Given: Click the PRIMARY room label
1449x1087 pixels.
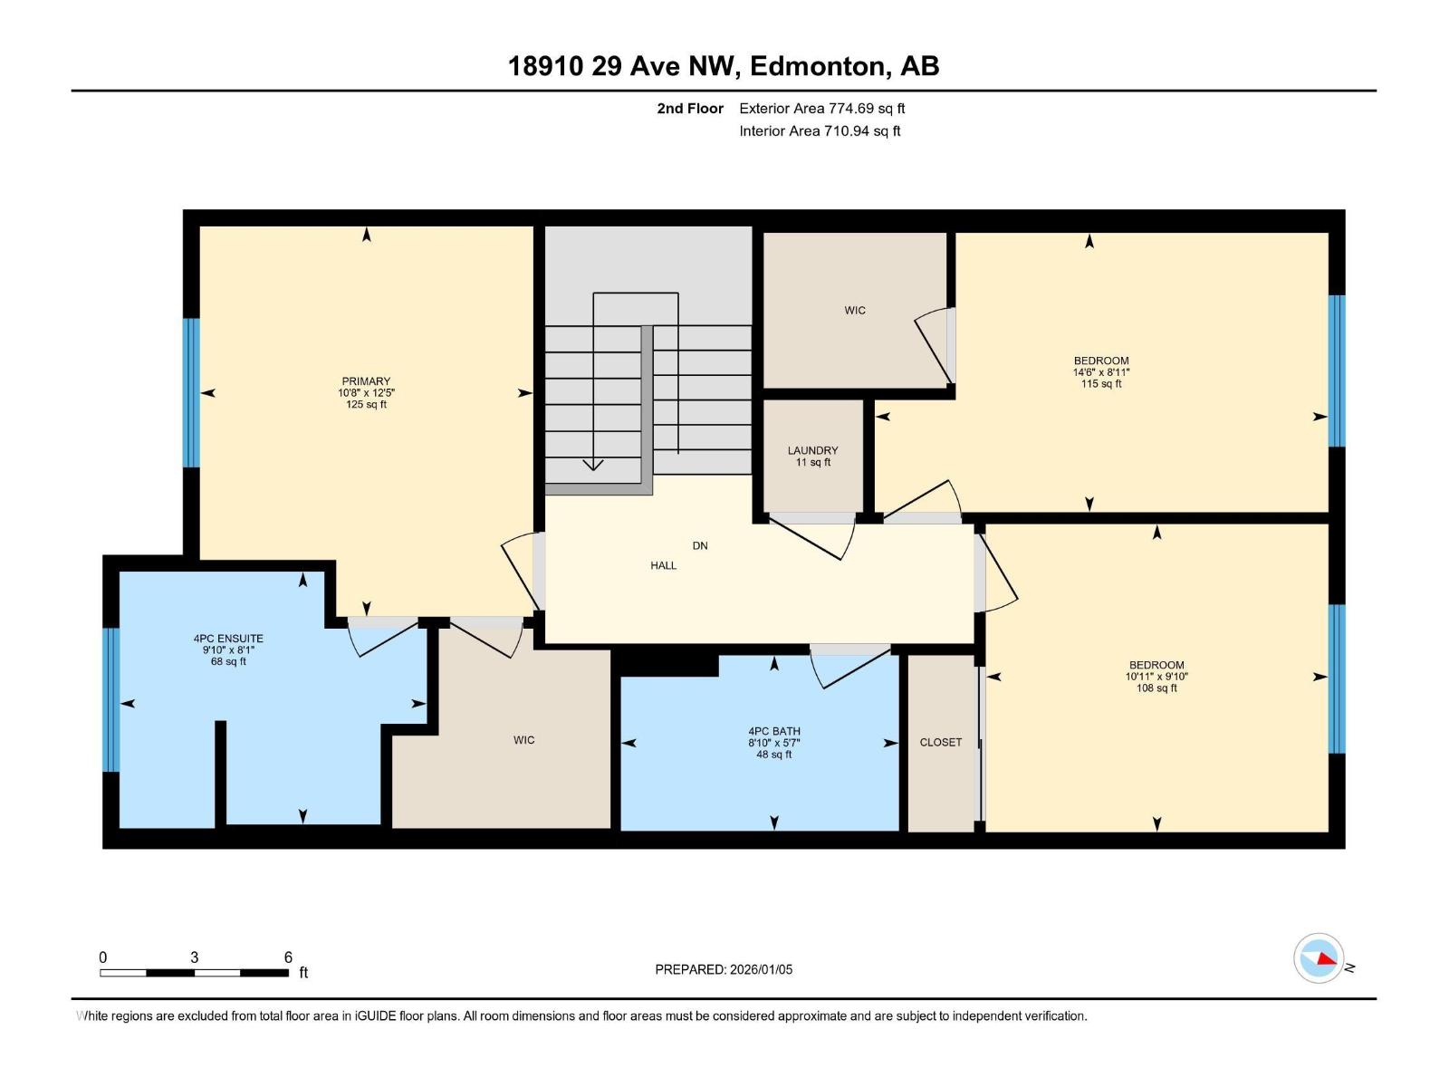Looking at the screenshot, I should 366,381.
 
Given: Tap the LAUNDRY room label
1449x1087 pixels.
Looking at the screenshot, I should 812,450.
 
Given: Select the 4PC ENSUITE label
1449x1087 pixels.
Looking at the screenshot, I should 228,639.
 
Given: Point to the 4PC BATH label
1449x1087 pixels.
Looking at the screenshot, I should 773,731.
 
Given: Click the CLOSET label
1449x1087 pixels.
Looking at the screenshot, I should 940,742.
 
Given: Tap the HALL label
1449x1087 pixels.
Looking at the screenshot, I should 663,565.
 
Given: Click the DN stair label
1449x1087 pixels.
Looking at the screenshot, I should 699,545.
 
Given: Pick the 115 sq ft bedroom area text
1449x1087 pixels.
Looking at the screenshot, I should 1101,384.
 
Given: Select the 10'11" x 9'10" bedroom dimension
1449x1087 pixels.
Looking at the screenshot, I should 1156,677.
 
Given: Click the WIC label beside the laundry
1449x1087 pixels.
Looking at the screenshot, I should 855,311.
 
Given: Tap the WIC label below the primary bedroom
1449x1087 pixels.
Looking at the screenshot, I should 523,740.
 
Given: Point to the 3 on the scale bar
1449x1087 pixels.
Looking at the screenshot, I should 194,957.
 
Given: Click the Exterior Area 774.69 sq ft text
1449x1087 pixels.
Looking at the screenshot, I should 821,109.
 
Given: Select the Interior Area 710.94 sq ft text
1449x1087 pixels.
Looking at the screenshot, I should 819,131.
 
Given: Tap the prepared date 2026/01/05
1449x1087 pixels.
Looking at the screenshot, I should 760,969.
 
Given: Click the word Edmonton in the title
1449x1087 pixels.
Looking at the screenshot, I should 817,66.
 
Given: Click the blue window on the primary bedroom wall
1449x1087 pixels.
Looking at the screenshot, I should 191,392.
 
